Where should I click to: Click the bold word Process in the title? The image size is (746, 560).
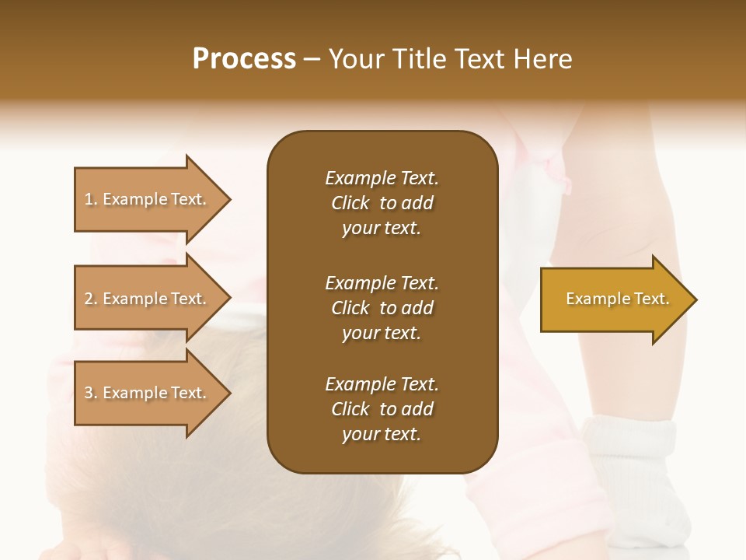244,59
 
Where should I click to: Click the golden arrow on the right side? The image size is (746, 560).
614,299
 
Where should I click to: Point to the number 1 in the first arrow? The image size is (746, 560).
89,199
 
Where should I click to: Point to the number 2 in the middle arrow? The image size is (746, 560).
89,299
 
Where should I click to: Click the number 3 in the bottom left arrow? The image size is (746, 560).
89,393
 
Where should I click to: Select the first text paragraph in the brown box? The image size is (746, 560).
382,203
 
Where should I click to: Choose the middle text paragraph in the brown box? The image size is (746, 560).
382,307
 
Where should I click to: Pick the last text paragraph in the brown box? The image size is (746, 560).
382,409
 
